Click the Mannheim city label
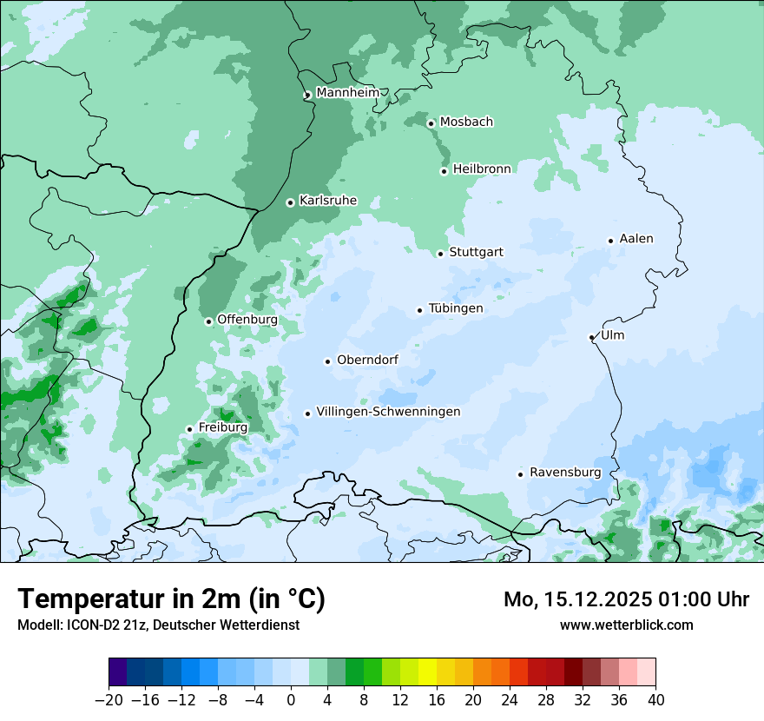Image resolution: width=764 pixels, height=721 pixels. pyautogui.click(x=347, y=93)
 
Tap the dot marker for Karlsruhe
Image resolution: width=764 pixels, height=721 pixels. pyautogui.click(x=291, y=202)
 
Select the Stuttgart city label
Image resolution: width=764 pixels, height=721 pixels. pyautogui.click(x=476, y=253)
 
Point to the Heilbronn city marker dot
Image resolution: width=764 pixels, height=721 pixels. pyautogui.click(x=444, y=171)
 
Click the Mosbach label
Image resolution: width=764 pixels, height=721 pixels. pyautogui.click(x=466, y=122)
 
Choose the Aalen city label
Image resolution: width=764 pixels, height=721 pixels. pyautogui.click(x=636, y=239)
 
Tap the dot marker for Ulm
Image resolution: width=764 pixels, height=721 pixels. pyautogui.click(x=591, y=337)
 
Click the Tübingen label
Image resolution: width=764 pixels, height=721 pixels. pyautogui.click(x=456, y=308)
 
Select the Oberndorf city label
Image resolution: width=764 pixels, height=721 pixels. pyautogui.click(x=367, y=360)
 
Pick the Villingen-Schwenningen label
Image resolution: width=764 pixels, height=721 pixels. pyautogui.click(x=388, y=412)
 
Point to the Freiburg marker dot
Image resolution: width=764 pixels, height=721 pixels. pyautogui.click(x=189, y=429)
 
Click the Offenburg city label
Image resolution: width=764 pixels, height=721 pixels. pyautogui.click(x=247, y=320)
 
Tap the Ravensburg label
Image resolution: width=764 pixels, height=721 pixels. pyautogui.click(x=565, y=473)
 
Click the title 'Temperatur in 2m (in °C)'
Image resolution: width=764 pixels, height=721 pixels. pyautogui.click(x=172, y=599)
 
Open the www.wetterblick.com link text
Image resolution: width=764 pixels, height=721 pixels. pyautogui.click(x=626, y=625)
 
